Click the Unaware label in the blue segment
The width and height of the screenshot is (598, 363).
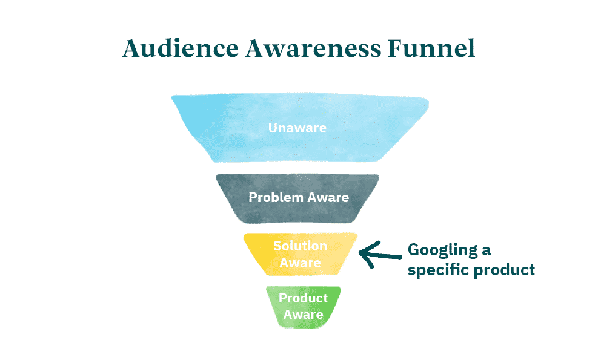(x=297, y=128)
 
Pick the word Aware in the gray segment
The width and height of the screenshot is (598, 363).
(x=328, y=198)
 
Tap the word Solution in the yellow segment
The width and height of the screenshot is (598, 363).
(x=300, y=246)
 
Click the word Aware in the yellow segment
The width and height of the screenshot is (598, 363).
(x=300, y=263)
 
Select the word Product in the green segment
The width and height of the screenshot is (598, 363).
(x=303, y=298)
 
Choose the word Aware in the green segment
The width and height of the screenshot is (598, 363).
(x=303, y=314)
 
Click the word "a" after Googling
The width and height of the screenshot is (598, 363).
(x=486, y=250)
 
